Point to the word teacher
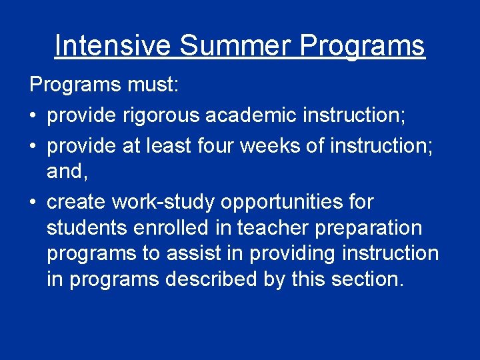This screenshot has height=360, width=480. click(x=255, y=227)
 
